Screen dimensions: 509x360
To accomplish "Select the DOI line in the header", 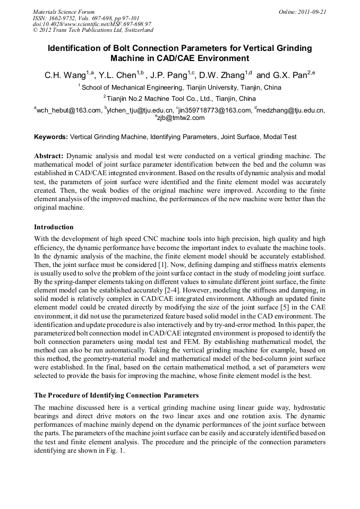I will point(92,24).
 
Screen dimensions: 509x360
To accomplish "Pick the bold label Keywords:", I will point(51,137).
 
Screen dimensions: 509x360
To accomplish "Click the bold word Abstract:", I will point(49,157).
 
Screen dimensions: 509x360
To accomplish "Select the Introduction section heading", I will point(54,227).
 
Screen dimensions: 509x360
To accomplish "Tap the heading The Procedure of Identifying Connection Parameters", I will point(116,395).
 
